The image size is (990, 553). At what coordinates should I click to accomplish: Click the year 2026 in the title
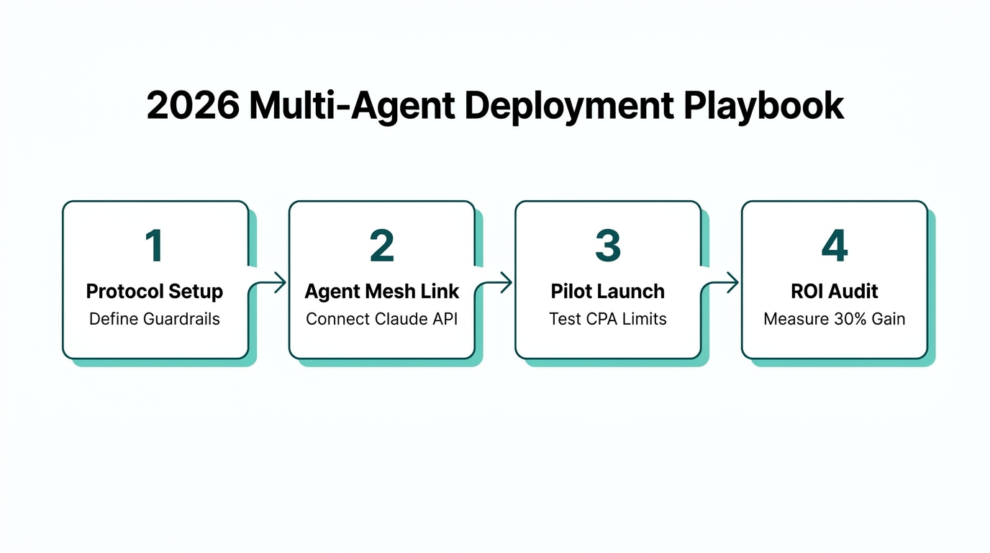pos(193,106)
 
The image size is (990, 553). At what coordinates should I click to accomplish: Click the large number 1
pos(154,246)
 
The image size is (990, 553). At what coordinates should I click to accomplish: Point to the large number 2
pos(381,246)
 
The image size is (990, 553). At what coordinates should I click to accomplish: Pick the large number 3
pos(608,246)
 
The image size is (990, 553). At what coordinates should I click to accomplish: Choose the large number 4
pos(835,246)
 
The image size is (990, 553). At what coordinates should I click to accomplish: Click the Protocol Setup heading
pos(155,292)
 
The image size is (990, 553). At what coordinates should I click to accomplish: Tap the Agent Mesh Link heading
pos(382,292)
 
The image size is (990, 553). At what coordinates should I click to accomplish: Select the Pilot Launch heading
pos(608,292)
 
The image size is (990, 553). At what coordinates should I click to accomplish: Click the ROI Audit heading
pos(835,292)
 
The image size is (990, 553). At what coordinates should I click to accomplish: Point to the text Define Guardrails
pos(155,318)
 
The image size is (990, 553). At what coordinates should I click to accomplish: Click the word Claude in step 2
pos(407,318)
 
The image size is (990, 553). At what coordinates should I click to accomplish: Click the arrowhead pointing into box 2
pos(281,283)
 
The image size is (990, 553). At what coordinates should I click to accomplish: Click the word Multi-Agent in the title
pos(352,106)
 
